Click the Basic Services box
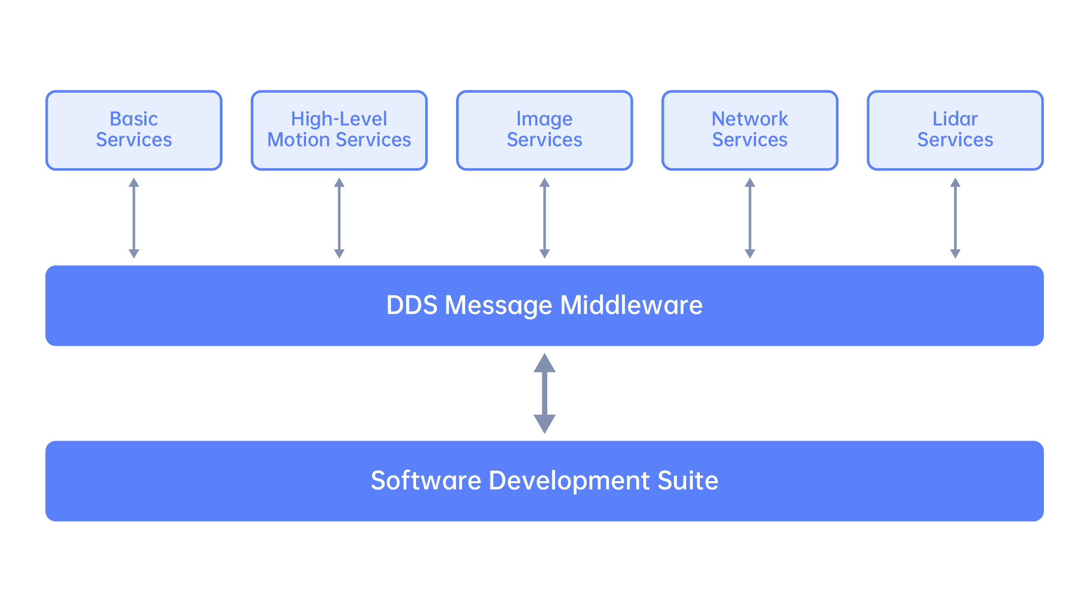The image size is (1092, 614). pos(134,130)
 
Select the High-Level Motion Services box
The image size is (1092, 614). pos(339,130)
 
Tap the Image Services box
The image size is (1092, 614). pos(544,130)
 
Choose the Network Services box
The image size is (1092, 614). pos(750,130)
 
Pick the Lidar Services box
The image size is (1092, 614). pos(955,130)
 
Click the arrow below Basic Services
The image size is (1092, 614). pos(134,218)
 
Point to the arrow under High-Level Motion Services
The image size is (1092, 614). pos(339,218)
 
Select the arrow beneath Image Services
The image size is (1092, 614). pos(545,218)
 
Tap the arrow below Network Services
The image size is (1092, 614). pos(750,218)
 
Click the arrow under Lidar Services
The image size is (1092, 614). pos(955,218)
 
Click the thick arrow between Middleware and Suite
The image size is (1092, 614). pos(545,393)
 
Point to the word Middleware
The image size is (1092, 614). pos(631,305)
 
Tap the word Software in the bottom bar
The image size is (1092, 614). pos(426,481)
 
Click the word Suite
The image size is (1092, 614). pos(688,481)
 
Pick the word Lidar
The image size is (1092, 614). pos(955,119)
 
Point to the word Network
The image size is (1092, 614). pos(750,119)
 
